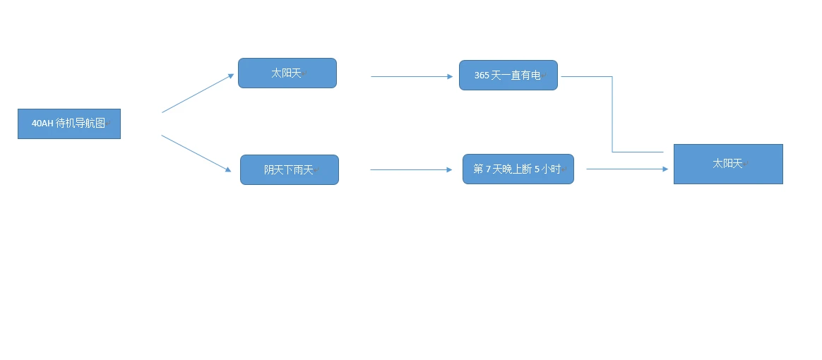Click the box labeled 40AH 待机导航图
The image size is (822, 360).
click(x=68, y=124)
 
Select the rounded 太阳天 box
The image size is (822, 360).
click(x=287, y=73)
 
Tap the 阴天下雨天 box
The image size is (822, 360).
click(x=289, y=170)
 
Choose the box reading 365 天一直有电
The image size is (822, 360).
click(x=508, y=76)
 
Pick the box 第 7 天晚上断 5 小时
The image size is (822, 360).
click(x=518, y=169)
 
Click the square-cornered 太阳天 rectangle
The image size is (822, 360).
click(x=727, y=164)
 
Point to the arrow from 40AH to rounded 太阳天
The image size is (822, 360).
click(x=198, y=93)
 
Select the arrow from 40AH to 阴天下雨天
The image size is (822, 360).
click(x=196, y=152)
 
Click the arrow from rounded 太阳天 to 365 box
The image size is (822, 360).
click(x=411, y=76)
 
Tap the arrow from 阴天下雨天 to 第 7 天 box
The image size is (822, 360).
click(x=410, y=169)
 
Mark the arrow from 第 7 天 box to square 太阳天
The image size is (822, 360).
click(x=626, y=169)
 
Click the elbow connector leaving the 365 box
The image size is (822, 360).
click(x=612, y=113)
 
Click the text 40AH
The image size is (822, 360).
click(x=42, y=124)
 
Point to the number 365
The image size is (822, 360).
click(x=482, y=76)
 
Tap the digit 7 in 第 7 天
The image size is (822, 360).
click(x=488, y=169)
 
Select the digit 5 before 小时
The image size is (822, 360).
click(x=537, y=169)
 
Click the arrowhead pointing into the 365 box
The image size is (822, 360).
click(x=450, y=76)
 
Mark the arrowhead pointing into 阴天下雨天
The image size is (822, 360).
click(x=227, y=169)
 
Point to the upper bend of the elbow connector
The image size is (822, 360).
click(x=612, y=76)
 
